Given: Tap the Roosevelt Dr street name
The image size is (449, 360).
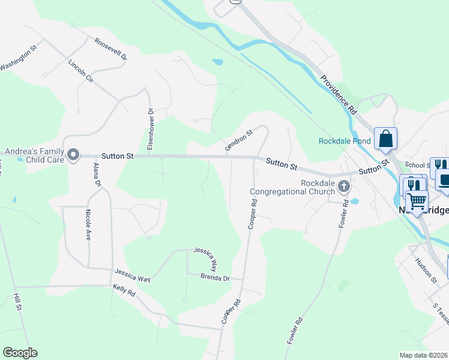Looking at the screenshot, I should [110, 49].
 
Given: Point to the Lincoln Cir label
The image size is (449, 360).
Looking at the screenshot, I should [81, 71].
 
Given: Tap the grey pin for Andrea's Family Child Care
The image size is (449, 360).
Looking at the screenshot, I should [73, 155].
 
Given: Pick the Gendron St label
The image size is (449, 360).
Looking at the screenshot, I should [239, 139].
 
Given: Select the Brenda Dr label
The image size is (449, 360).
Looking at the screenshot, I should [215, 278].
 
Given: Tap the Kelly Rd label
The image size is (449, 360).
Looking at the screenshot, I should [124, 292].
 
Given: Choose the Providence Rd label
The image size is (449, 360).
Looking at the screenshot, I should [339, 95].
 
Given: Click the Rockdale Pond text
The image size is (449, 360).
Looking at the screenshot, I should [345, 142].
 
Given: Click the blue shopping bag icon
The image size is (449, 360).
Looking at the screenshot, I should [385, 139].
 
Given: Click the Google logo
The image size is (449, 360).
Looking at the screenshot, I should [20, 353].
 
